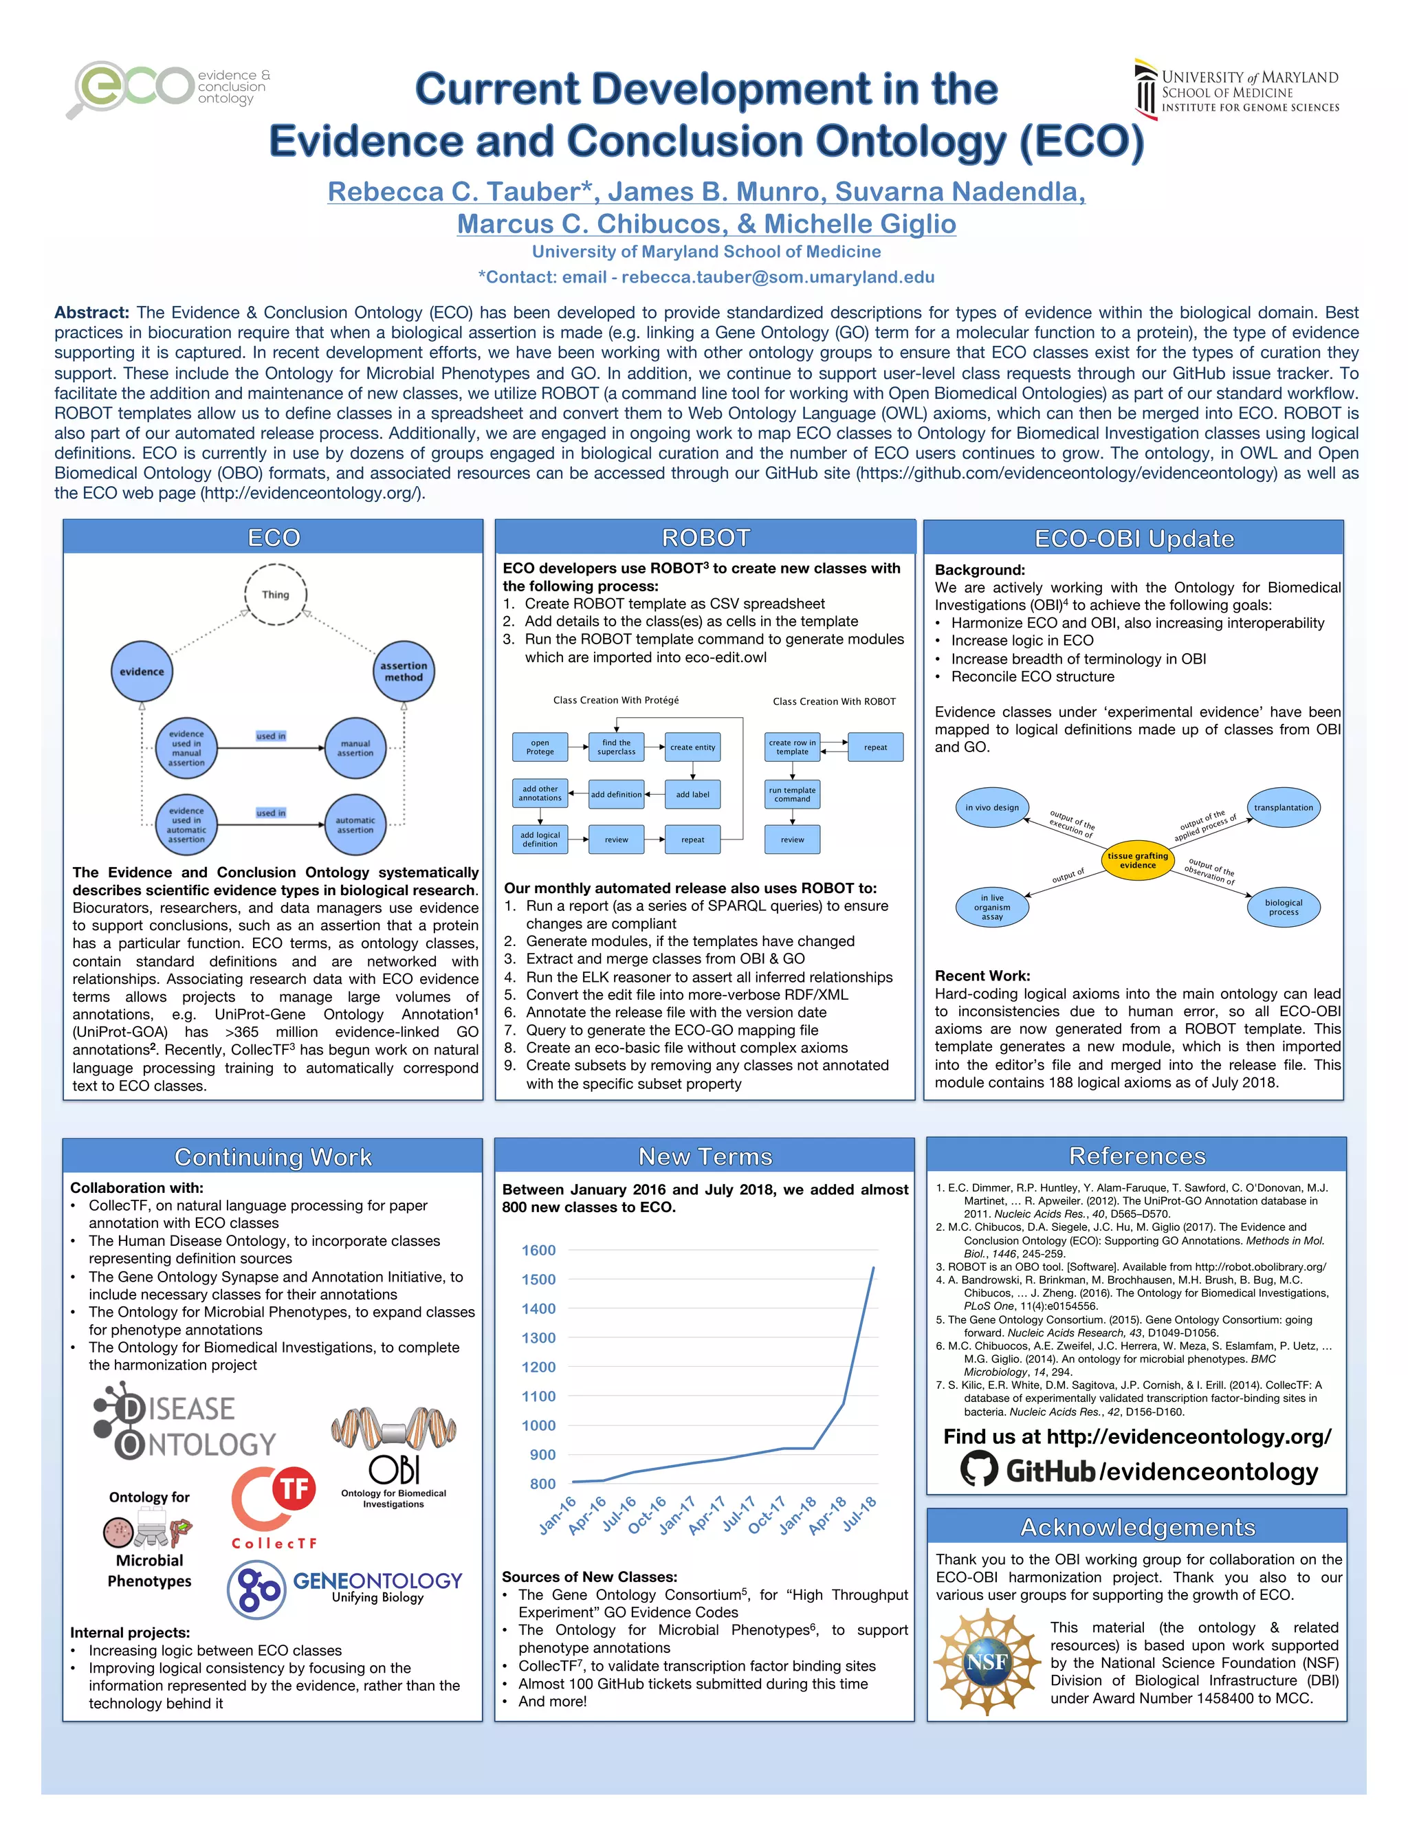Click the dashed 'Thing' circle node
[275, 594]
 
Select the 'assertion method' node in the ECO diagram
[404, 672]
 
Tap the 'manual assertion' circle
[355, 748]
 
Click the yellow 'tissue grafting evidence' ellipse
[1138, 860]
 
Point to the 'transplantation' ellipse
[1283, 808]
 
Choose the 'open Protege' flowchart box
[540, 747]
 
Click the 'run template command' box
[793, 794]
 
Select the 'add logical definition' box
[540, 839]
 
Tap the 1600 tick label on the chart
[538, 1250]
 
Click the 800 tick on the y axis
[542, 1483]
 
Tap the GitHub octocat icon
[978, 1469]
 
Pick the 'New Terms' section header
[705, 1156]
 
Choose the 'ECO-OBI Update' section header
[1134, 539]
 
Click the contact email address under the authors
[778, 277]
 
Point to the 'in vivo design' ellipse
[992, 808]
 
